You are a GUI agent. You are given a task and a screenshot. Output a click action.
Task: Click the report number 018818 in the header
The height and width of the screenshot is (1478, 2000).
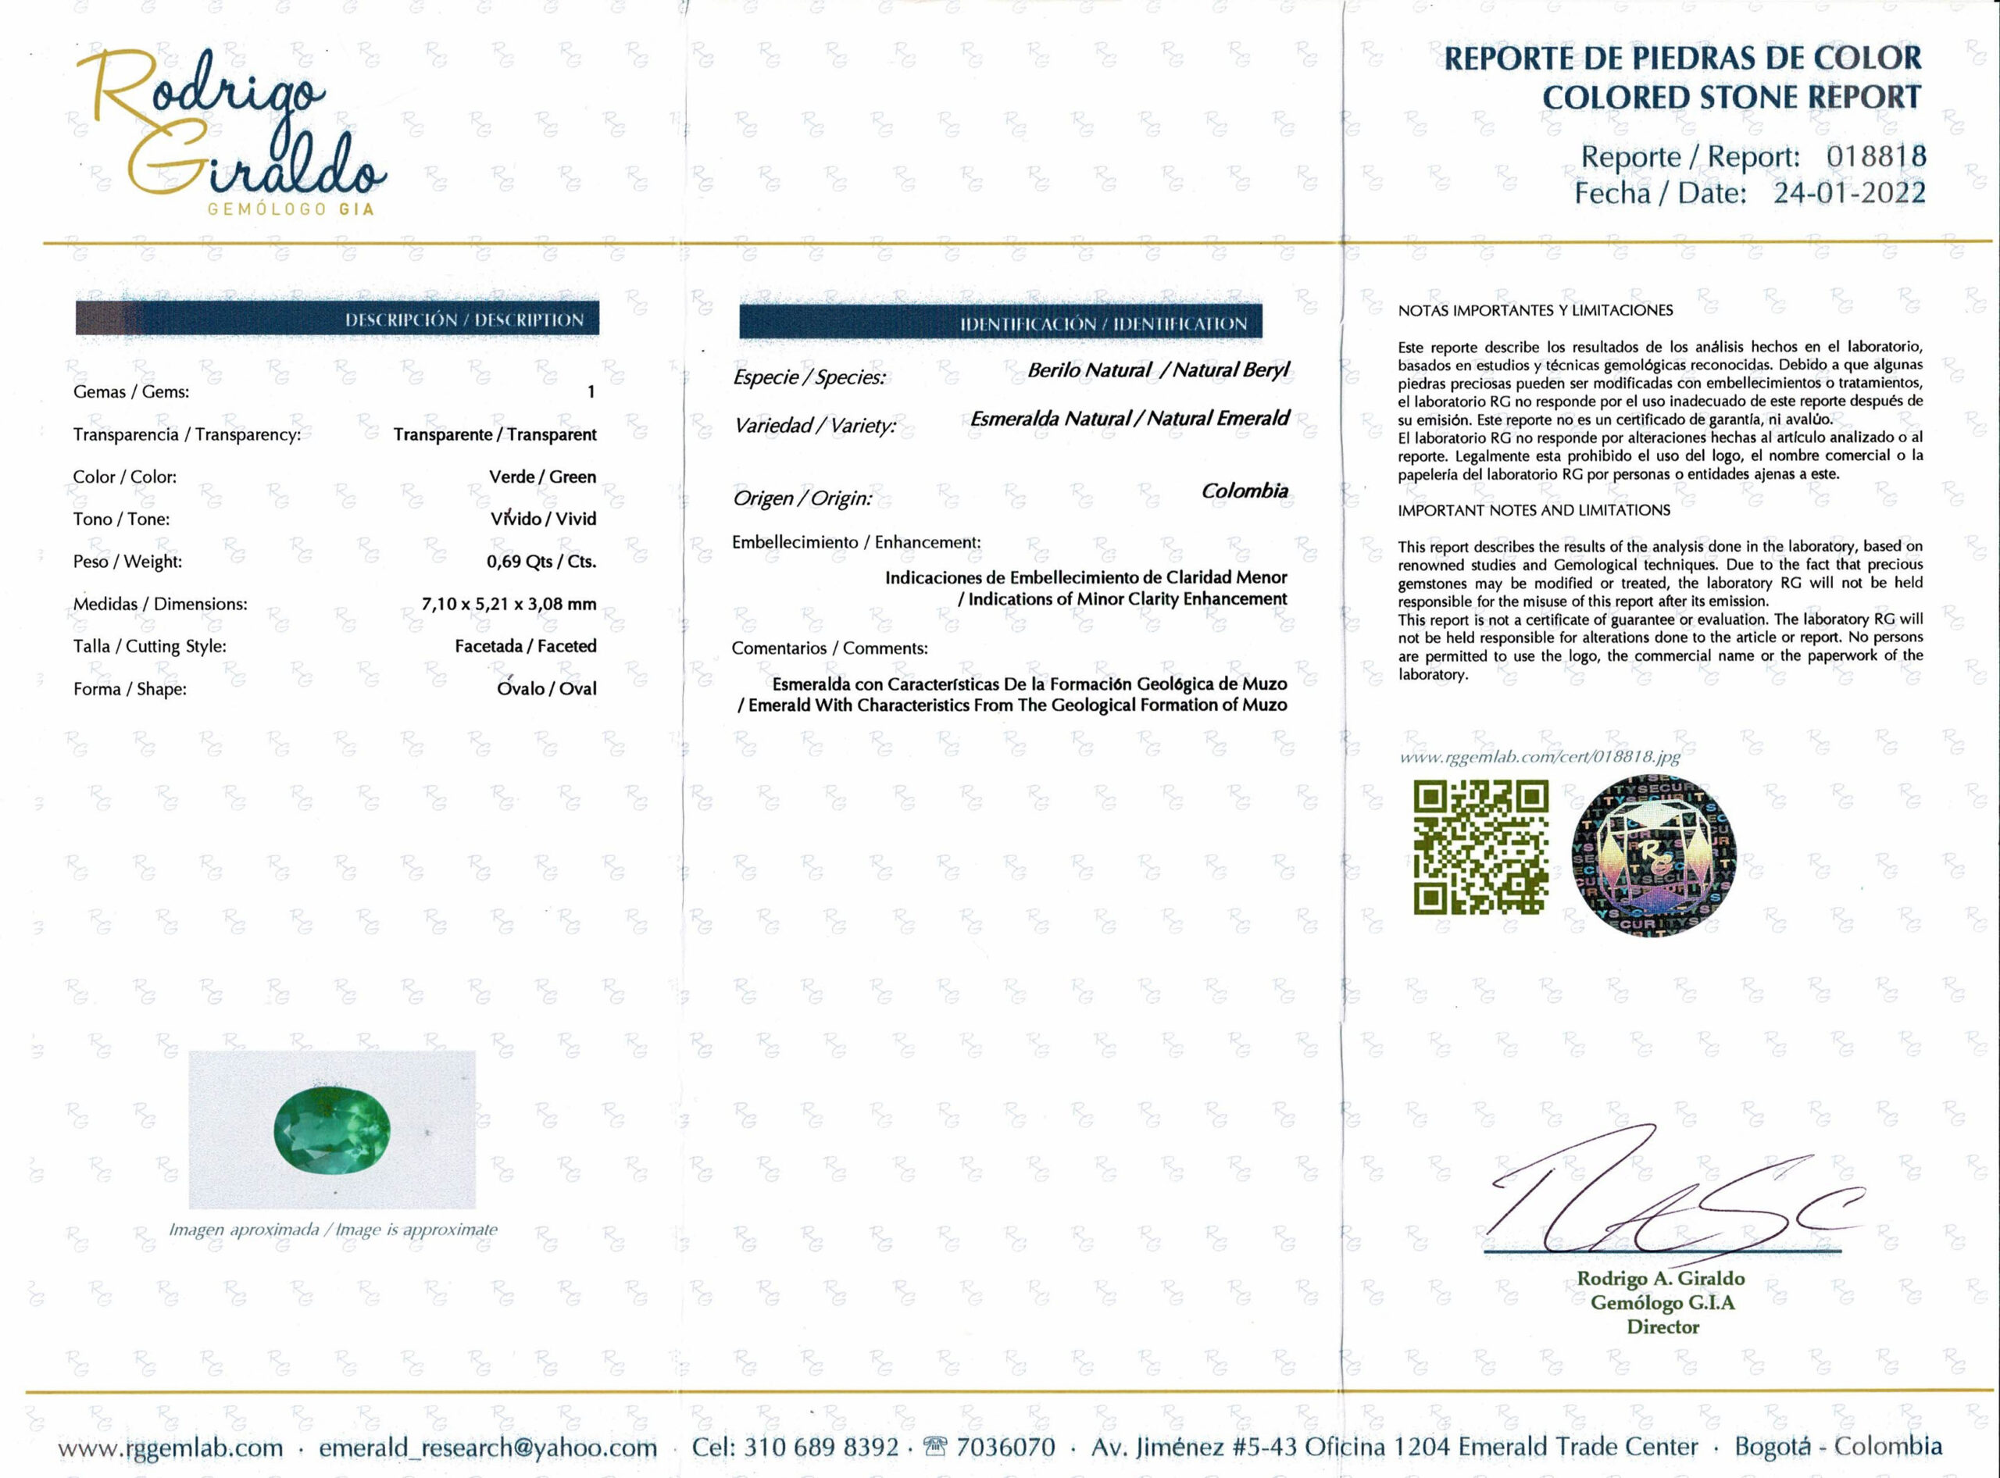pyautogui.click(x=1876, y=156)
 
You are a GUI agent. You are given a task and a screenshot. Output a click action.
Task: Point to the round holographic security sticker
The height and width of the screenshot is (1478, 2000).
pyautogui.click(x=1654, y=855)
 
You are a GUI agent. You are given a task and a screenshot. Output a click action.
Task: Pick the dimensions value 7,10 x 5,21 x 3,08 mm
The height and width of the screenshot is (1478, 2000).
pyautogui.click(x=509, y=604)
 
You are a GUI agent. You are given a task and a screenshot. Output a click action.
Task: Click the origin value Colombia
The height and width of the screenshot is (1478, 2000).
pyautogui.click(x=1244, y=491)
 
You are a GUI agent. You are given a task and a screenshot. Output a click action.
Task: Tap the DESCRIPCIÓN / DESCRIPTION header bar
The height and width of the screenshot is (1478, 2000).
pyautogui.click(x=337, y=320)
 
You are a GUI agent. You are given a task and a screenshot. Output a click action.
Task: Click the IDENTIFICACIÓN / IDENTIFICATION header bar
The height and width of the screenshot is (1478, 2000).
pyautogui.click(x=1001, y=323)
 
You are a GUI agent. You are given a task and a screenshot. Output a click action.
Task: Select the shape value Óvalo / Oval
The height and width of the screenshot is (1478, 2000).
pyautogui.click(x=546, y=688)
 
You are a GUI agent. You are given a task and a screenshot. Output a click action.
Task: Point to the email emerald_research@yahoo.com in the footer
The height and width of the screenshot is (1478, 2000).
pyautogui.click(x=487, y=1448)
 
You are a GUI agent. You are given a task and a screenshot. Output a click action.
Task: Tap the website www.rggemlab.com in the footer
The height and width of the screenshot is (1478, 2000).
pyautogui.click(x=171, y=1448)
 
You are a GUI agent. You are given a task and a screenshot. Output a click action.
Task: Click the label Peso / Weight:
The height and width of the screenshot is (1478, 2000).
pyautogui.click(x=128, y=562)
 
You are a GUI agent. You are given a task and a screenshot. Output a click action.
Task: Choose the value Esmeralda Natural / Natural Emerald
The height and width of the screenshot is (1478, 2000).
pyautogui.click(x=1130, y=419)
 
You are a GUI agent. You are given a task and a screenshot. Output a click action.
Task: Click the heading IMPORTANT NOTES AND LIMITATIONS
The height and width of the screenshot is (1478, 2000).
pyautogui.click(x=1534, y=510)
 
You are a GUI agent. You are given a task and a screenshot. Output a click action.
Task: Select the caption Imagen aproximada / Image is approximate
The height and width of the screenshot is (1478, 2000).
pyautogui.click(x=333, y=1230)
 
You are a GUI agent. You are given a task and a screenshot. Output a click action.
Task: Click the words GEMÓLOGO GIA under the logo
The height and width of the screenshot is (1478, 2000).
pyautogui.click(x=290, y=209)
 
